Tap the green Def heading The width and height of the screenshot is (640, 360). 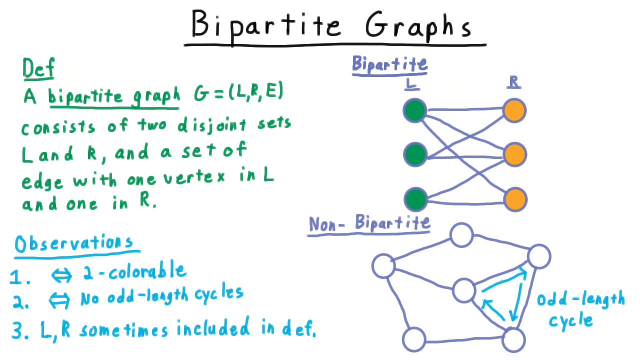[38, 68]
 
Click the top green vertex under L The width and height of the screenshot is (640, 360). [415, 110]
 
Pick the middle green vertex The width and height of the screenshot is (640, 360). [415, 154]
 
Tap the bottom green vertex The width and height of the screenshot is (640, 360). [415, 199]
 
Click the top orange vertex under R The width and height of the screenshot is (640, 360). [514, 110]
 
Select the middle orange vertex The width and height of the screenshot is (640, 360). [515, 154]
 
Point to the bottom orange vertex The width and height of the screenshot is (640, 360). [515, 199]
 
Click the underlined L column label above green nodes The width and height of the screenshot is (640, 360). [411, 84]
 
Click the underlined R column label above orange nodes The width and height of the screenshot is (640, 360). [513, 82]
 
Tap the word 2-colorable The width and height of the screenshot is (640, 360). [135, 271]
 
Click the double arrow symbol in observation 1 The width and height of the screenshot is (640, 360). [61, 275]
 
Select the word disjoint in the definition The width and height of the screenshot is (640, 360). [212, 125]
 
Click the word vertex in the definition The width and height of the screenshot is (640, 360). [194, 177]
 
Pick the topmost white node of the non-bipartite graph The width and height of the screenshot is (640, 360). [461, 235]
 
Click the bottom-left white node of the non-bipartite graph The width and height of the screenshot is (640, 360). [414, 339]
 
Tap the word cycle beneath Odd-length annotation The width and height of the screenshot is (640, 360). [571, 321]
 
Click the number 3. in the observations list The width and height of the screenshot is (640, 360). [20, 330]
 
